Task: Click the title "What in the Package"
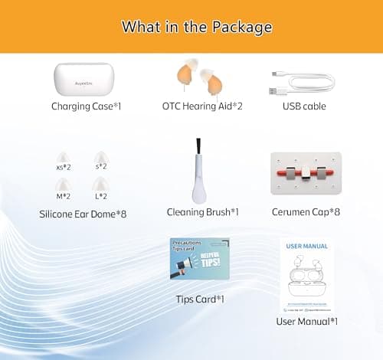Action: tap(197, 27)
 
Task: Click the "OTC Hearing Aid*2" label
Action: tap(202, 106)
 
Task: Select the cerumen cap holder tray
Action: tap(306, 173)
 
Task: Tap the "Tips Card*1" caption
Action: tap(199, 299)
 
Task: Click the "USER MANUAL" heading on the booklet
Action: tap(306, 247)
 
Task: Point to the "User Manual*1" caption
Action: tap(306, 321)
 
